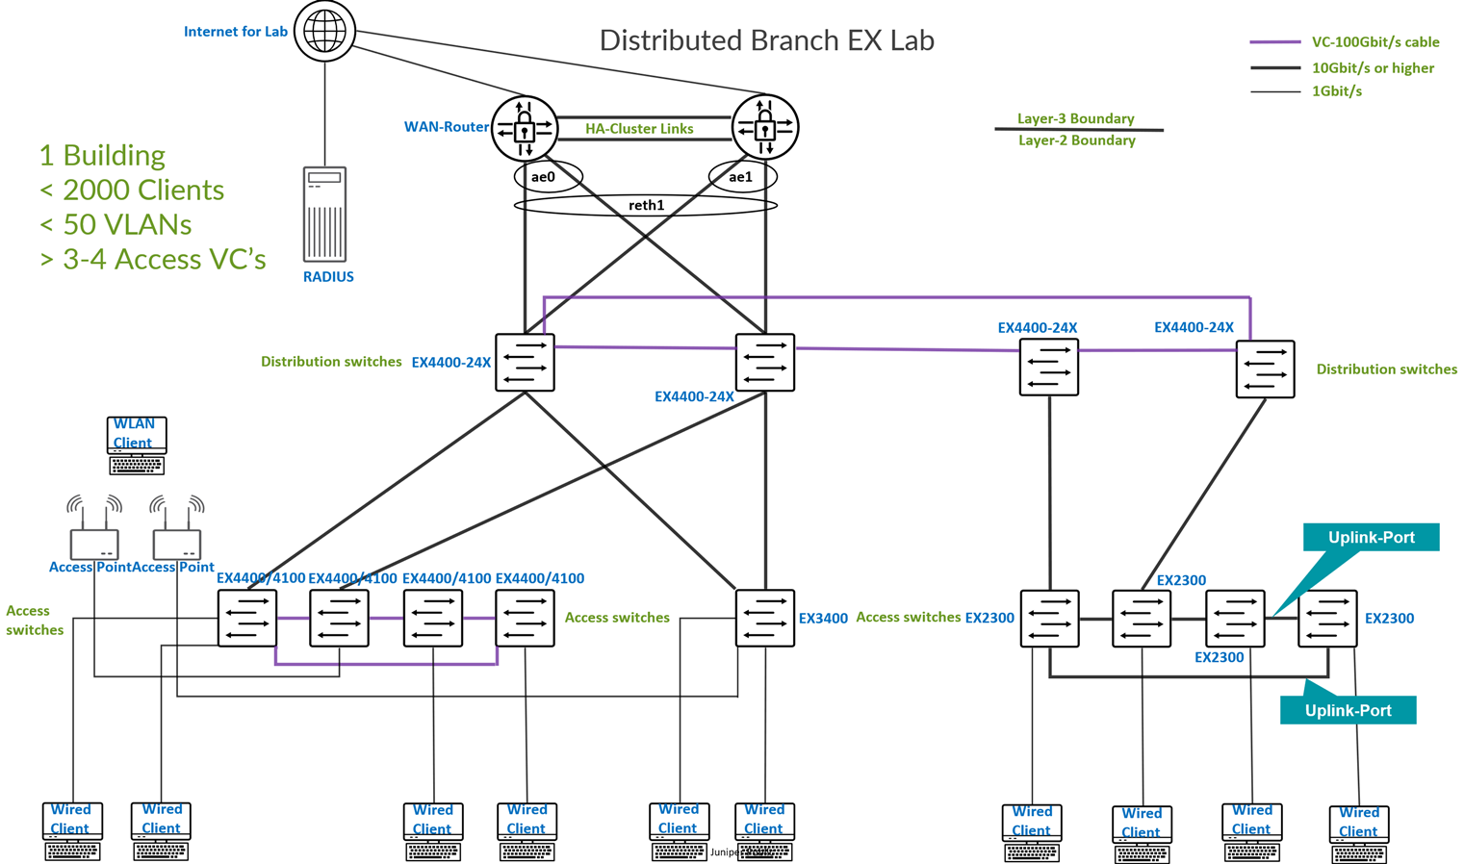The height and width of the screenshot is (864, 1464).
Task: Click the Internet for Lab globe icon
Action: click(x=325, y=31)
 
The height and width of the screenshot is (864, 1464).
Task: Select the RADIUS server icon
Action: click(x=325, y=214)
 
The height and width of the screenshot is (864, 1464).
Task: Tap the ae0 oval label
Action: click(x=544, y=177)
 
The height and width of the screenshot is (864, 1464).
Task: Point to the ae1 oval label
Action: click(x=740, y=177)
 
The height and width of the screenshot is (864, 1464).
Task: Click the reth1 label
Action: click(x=646, y=205)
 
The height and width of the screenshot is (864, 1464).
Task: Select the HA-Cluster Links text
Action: click(x=639, y=129)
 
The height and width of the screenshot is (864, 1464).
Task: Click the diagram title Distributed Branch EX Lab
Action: click(x=767, y=40)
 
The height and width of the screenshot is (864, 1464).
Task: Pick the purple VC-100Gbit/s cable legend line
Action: click(x=1275, y=42)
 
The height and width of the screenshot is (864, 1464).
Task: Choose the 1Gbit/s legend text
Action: click(x=1336, y=91)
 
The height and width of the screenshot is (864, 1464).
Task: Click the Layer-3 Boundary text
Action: click(x=1075, y=118)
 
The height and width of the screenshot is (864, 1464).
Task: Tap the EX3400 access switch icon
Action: click(x=765, y=618)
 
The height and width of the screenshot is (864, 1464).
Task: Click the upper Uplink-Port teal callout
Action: click(x=1371, y=537)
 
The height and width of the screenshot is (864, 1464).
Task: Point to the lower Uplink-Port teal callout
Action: click(x=1348, y=710)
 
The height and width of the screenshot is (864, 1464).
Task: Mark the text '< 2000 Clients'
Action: click(x=132, y=190)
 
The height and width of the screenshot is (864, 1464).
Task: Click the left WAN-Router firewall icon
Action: click(x=525, y=128)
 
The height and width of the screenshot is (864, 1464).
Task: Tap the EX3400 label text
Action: click(x=823, y=619)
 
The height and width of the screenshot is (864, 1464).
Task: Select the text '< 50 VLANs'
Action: click(x=116, y=224)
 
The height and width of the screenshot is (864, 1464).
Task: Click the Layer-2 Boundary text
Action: click(x=1076, y=140)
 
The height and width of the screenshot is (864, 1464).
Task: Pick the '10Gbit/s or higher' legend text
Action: click(x=1373, y=68)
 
